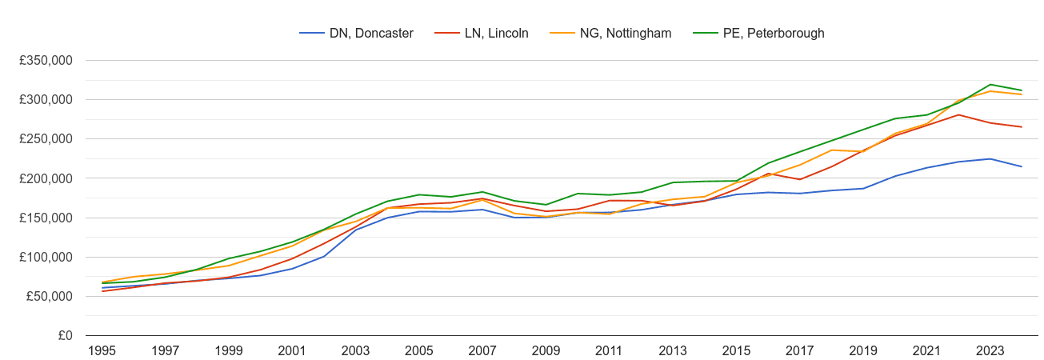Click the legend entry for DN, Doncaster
(x=357, y=33)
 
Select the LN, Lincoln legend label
(x=482, y=33)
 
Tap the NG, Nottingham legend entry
(x=610, y=33)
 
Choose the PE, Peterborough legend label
(x=758, y=33)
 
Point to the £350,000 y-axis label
(x=46, y=60)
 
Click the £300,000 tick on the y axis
(x=46, y=99)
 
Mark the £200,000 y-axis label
(x=46, y=178)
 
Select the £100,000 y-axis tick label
(x=46, y=257)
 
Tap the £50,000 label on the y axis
(x=50, y=296)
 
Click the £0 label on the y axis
(x=66, y=335)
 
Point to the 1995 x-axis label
(x=102, y=350)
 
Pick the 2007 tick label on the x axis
(x=482, y=350)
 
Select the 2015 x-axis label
(x=736, y=350)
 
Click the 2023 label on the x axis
(x=990, y=350)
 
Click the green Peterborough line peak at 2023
(x=990, y=85)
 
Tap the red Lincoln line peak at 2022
(x=958, y=114)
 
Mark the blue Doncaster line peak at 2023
(x=990, y=158)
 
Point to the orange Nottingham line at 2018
(x=831, y=150)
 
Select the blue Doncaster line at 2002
(x=324, y=256)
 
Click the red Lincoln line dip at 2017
(x=800, y=179)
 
